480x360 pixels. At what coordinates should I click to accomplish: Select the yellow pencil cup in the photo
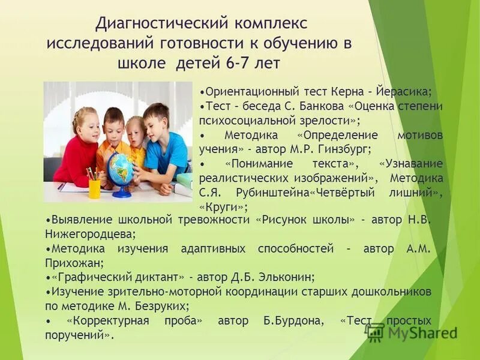(95, 187)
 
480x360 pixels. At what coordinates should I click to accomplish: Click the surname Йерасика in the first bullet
(406, 92)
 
